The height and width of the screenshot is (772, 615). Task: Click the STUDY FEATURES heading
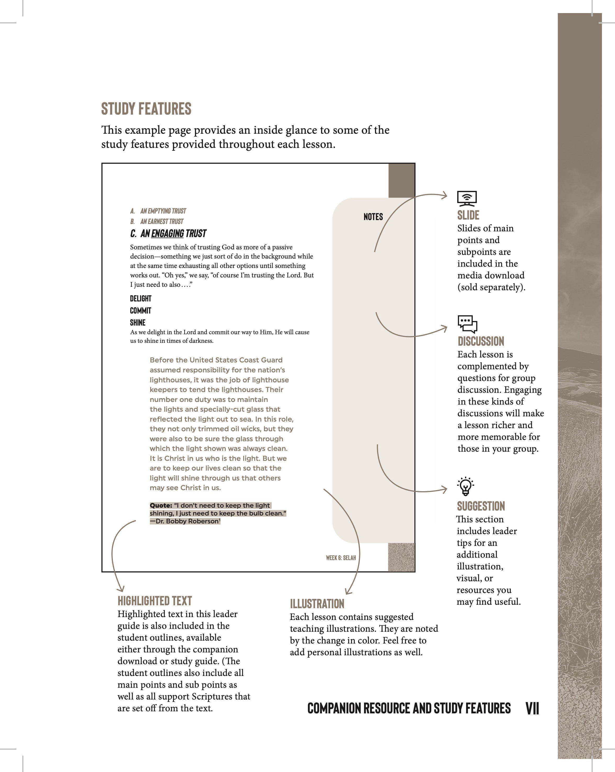click(146, 109)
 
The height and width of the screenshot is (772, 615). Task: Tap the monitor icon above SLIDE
click(467, 198)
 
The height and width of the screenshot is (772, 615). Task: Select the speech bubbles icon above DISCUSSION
click(467, 324)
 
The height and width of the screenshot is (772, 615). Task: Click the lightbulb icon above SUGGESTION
click(465, 486)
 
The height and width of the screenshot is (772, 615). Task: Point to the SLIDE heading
click(468, 215)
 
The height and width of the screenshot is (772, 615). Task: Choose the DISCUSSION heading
click(481, 341)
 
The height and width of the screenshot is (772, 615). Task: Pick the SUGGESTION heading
click(481, 506)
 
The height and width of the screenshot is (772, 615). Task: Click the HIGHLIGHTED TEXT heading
click(155, 601)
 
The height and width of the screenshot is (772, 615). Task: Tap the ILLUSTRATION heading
click(317, 604)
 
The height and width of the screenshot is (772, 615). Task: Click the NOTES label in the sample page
click(373, 217)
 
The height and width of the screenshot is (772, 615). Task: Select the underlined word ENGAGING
click(167, 233)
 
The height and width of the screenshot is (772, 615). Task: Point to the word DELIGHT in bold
click(141, 299)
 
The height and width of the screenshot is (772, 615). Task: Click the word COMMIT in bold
click(141, 310)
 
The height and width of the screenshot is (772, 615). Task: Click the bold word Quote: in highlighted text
click(161, 505)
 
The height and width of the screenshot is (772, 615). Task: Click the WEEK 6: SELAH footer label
click(341, 557)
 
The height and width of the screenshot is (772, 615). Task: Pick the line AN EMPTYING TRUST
click(163, 211)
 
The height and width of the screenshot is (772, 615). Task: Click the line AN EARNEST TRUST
click(161, 221)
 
